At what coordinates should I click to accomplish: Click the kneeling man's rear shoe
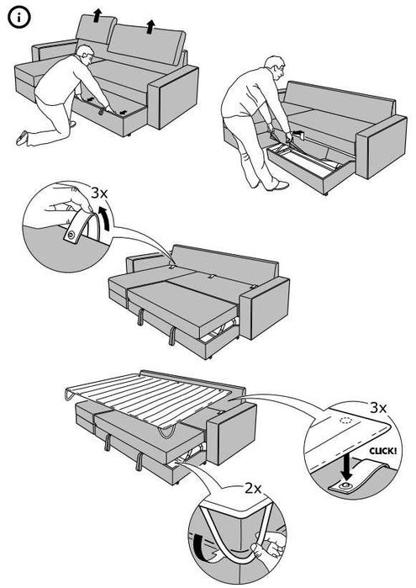click(24, 134)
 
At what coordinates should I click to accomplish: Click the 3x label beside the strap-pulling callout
click(99, 193)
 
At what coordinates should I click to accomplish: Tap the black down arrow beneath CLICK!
click(347, 465)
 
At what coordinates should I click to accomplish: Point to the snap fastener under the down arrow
click(345, 487)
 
